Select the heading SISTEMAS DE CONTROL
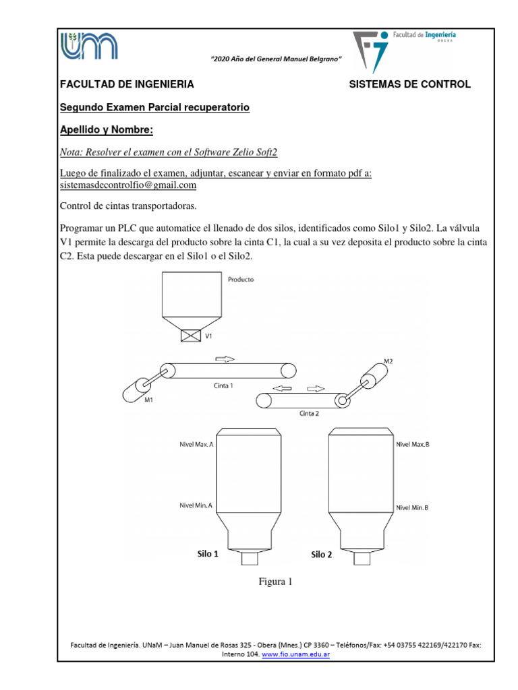(x=409, y=84)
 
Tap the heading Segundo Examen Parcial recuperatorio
(x=154, y=107)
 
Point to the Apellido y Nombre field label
(x=107, y=129)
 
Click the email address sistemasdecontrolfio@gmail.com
(x=128, y=185)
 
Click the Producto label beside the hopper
(x=241, y=278)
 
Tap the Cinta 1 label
(x=223, y=386)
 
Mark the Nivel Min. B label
(x=412, y=507)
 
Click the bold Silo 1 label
(x=207, y=554)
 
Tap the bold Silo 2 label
(x=321, y=555)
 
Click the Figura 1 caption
(x=275, y=582)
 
